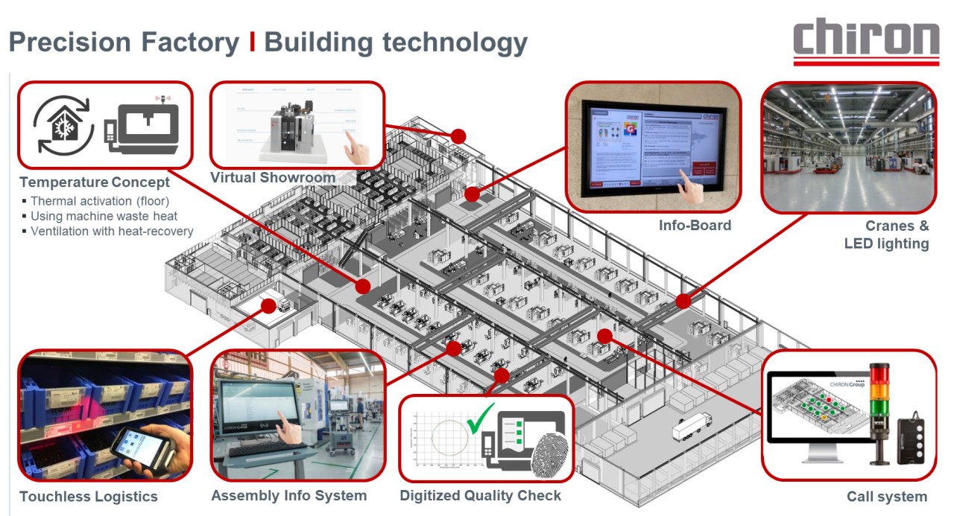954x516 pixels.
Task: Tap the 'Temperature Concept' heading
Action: (x=95, y=182)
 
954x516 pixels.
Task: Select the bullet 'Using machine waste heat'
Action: (x=104, y=216)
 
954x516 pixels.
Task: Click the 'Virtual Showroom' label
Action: (x=272, y=178)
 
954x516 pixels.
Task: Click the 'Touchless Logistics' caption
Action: (x=89, y=497)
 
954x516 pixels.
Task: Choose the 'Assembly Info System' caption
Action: (x=289, y=495)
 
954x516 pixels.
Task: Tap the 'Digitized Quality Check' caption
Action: (x=481, y=495)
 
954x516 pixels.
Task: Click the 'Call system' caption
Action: (x=887, y=497)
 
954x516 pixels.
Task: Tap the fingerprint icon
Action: (x=550, y=453)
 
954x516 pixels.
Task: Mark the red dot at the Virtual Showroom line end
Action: (x=458, y=136)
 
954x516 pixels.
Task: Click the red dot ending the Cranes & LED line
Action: (x=683, y=301)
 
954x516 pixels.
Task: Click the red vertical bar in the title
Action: (x=253, y=42)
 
